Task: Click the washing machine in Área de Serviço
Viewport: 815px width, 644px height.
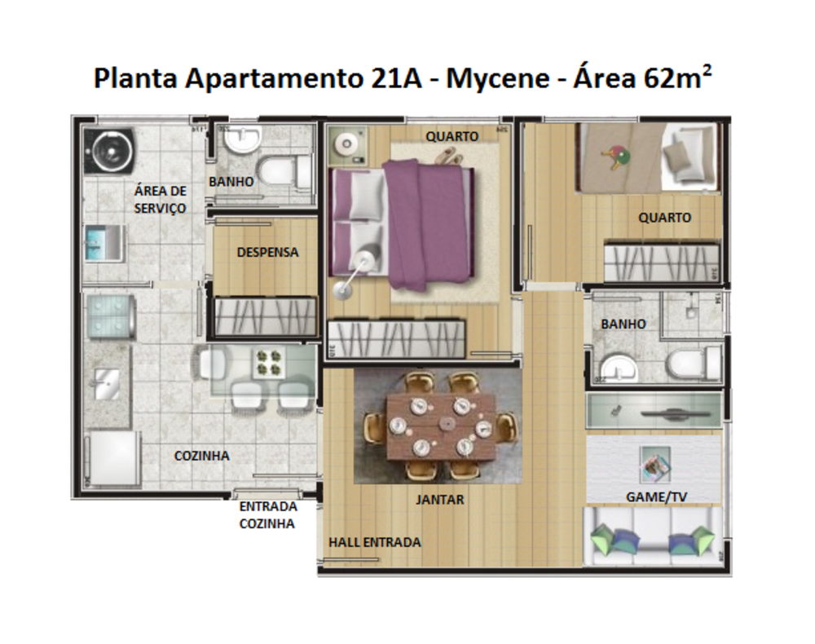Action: point(108,151)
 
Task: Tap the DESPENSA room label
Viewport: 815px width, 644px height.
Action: point(267,253)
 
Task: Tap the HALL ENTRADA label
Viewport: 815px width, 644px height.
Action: point(375,542)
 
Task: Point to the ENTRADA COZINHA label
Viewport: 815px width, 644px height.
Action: point(267,515)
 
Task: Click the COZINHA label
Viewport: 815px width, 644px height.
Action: point(201,456)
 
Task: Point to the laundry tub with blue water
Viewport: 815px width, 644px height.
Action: point(104,243)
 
